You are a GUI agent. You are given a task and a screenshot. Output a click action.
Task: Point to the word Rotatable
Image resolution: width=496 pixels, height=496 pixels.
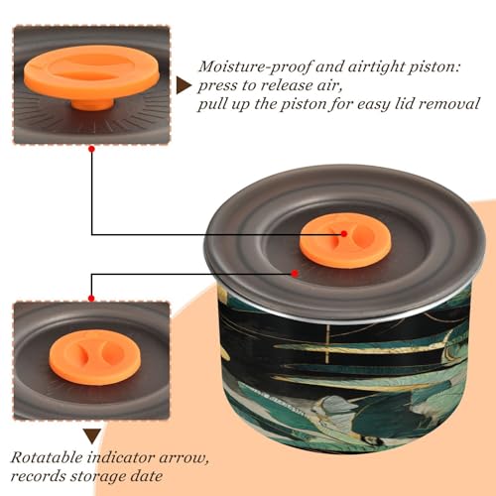point(47,458)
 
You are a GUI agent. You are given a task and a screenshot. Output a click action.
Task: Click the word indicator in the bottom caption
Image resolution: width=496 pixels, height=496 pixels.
point(120,458)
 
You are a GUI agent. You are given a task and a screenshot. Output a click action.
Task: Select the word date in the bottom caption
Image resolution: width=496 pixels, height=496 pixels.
point(146,476)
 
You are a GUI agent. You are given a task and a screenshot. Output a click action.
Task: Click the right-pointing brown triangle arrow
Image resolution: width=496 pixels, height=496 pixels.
point(184,85)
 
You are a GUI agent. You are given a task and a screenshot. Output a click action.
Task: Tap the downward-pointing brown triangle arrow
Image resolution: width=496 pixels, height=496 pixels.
point(92,435)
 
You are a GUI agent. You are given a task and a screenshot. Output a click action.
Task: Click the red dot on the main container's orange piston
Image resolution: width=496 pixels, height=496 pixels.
point(344,234)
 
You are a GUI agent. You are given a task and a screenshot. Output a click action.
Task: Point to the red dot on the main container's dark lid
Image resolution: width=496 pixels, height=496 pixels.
point(295,274)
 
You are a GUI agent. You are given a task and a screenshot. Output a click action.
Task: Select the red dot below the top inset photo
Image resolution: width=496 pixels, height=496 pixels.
point(92,149)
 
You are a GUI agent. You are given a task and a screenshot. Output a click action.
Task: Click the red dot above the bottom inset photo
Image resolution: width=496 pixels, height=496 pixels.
point(91,299)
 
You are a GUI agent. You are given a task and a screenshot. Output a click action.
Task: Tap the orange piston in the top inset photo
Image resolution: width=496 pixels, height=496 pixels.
point(91,72)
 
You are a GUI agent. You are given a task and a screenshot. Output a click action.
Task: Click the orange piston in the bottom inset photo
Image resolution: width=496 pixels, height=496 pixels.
point(95,357)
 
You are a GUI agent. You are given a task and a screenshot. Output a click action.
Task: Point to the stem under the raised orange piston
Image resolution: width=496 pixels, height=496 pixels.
point(93,104)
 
